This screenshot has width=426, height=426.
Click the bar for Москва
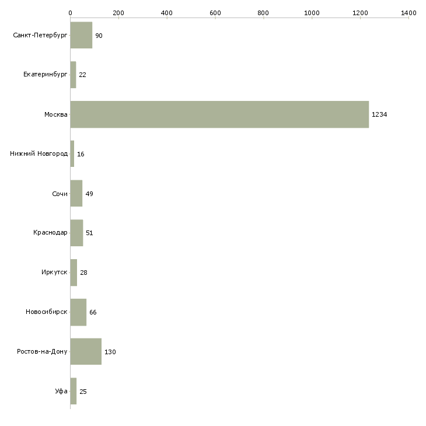(219, 114)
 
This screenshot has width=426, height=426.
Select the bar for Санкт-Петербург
(81, 36)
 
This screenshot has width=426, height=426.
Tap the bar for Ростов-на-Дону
(86, 352)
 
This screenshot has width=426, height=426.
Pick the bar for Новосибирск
(78, 312)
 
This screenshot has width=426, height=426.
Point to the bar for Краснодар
(76, 233)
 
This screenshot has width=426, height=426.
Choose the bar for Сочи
(76, 194)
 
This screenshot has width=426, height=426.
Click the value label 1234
(379, 114)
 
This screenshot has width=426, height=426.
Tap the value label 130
(110, 352)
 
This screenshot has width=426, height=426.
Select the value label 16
(81, 154)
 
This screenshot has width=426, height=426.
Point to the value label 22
(82, 75)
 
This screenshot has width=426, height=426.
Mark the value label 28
(83, 273)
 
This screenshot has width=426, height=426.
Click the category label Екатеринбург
(46, 75)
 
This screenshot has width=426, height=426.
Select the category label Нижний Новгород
(39, 154)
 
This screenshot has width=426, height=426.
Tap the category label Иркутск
(54, 273)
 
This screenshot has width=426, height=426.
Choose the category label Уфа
(61, 391)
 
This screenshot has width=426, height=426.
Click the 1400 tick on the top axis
(408, 12)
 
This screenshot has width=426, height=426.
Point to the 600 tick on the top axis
(215, 12)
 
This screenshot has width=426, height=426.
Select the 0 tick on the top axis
(70, 12)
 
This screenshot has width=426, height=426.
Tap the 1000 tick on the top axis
(312, 12)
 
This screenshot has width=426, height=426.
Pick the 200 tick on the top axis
(118, 12)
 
